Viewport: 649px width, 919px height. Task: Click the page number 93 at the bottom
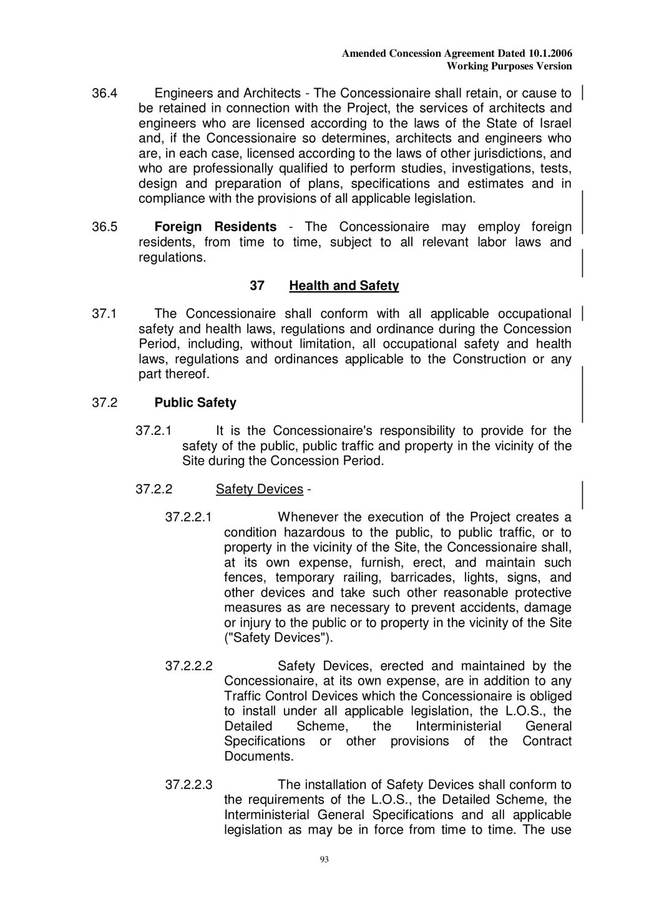tap(324, 859)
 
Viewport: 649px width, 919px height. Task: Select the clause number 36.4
tap(104, 94)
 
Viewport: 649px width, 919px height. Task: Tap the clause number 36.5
tap(104, 227)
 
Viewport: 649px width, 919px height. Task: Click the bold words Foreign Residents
tap(215, 227)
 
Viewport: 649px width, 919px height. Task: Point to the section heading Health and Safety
tap(344, 286)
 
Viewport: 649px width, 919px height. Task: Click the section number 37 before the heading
tap(257, 286)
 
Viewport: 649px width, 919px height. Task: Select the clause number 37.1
tap(104, 314)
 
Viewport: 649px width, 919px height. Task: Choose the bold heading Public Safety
tap(195, 403)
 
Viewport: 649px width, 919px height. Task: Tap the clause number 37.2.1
tap(154, 431)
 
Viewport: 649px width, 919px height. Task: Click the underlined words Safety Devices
tap(259, 489)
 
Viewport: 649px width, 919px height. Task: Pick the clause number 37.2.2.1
tap(188, 517)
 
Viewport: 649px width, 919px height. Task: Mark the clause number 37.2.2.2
tap(188, 666)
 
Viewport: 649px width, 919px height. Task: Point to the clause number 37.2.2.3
tap(188, 785)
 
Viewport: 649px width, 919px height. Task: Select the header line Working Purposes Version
tap(509, 66)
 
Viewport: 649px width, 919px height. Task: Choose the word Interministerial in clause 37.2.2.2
tap(458, 727)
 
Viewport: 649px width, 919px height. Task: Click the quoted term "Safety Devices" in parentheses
tap(278, 638)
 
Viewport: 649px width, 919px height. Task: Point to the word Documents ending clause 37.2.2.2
tap(258, 757)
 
